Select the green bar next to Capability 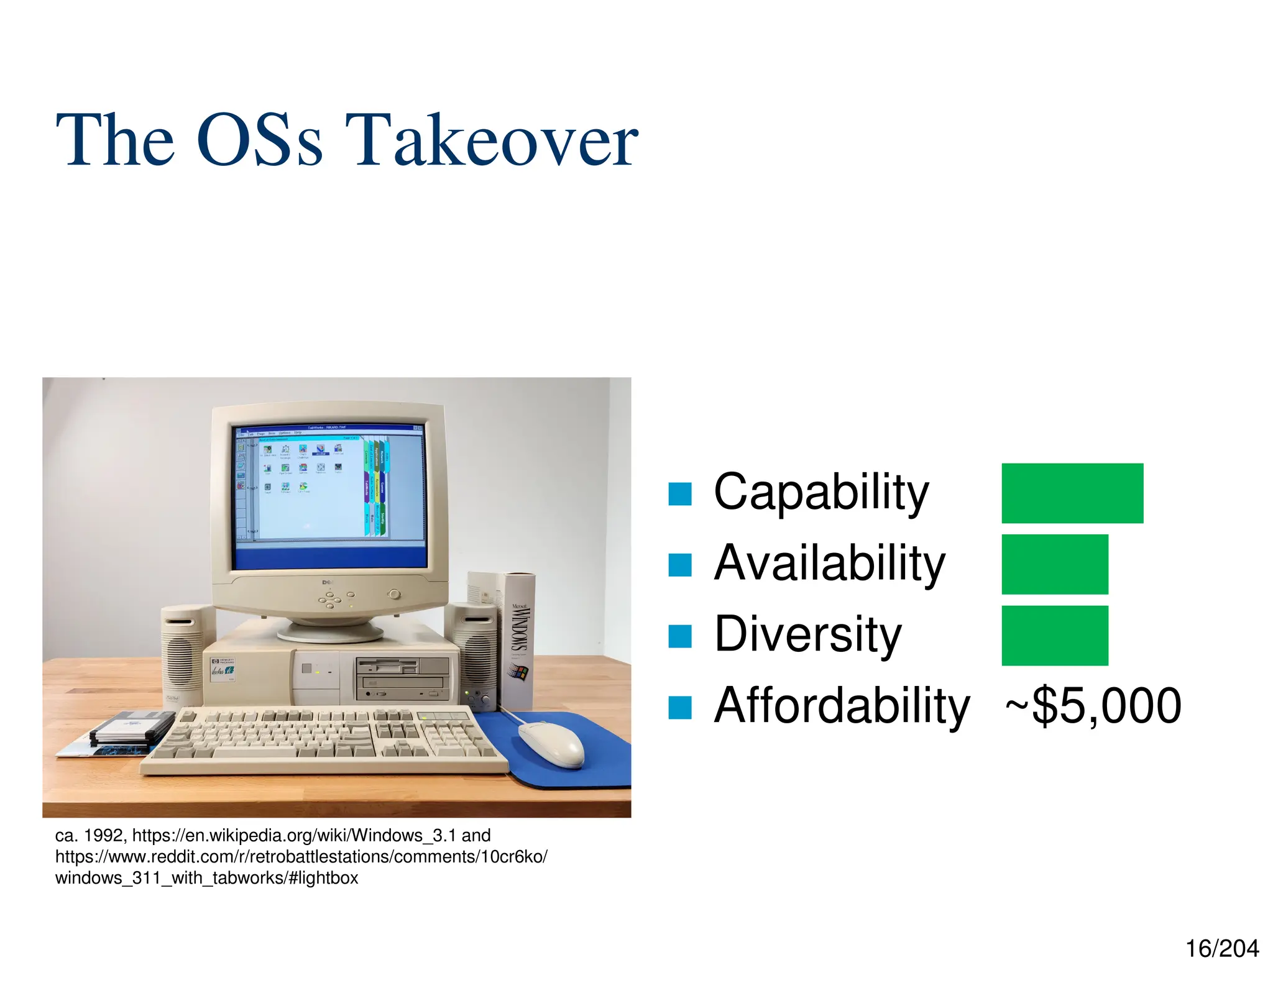coord(1072,493)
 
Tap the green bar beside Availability coord(1054,564)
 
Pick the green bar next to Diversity coord(1054,635)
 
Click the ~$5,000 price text coord(1093,706)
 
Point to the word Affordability coord(842,706)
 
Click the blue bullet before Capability coord(679,494)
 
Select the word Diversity coord(807,634)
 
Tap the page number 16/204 coord(1221,949)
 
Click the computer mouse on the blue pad coord(551,744)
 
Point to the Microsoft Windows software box coord(518,640)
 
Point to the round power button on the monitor coord(393,594)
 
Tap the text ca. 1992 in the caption coord(90,835)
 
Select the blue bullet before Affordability coord(679,707)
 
